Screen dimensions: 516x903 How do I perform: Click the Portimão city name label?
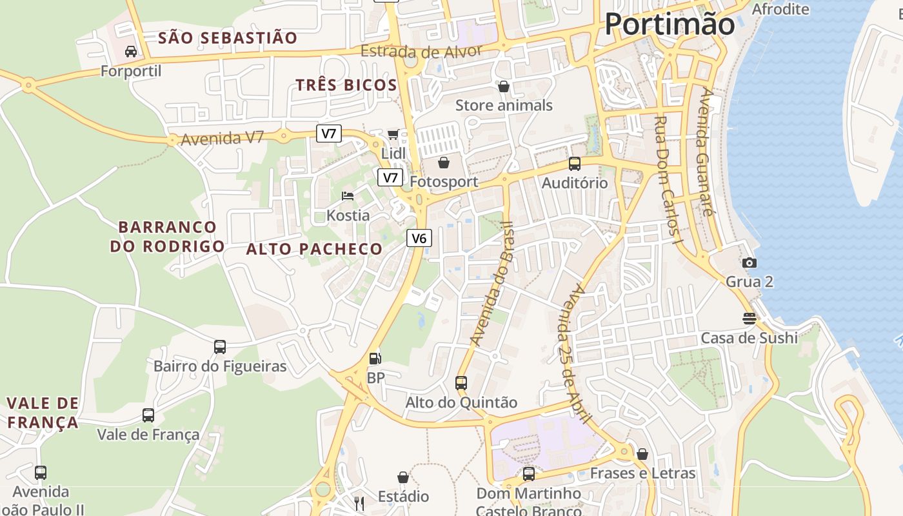pos(670,25)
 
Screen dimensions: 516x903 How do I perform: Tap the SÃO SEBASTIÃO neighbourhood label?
pos(228,38)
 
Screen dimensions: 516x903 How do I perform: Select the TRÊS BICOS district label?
pos(346,85)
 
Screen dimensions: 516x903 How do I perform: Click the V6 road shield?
pos(419,238)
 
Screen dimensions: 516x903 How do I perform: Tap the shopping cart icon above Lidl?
pos(393,134)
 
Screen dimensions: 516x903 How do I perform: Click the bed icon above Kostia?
pos(348,195)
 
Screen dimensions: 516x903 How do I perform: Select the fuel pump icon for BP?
pos(375,358)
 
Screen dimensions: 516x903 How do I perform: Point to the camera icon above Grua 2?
pos(749,263)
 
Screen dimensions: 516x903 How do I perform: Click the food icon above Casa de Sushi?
pos(749,318)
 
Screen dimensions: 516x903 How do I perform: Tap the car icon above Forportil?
pos(131,52)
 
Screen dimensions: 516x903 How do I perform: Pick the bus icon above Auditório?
pos(574,163)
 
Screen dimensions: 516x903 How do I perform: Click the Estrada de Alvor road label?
pos(421,52)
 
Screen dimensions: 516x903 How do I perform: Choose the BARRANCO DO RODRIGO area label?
pos(167,237)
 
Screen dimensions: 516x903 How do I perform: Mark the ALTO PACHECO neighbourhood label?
pos(315,249)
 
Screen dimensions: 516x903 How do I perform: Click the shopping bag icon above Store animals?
pos(504,86)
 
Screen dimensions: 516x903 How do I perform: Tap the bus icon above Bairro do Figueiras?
pos(220,347)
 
